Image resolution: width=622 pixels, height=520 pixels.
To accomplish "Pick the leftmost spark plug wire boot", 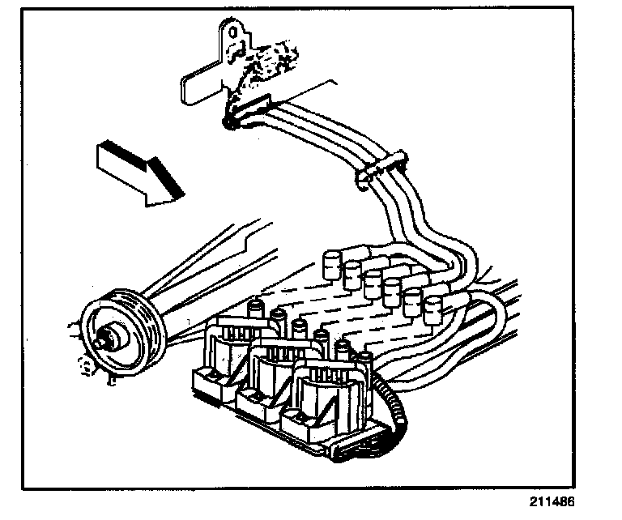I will [x=331, y=265].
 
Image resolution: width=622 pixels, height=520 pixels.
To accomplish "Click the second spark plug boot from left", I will [x=352, y=273].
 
